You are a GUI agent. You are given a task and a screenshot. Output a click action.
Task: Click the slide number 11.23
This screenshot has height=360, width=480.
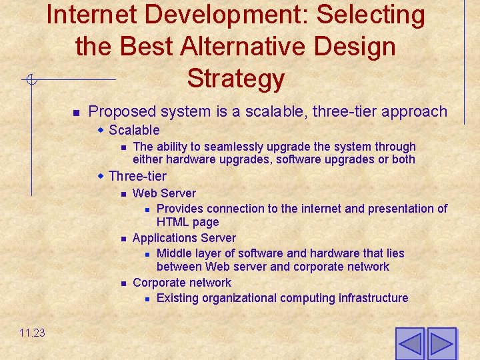[32, 333]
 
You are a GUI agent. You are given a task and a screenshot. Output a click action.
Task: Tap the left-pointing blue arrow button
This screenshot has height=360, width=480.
[409, 344]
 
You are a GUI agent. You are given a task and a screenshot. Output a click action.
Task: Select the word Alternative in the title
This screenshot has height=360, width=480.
[253, 47]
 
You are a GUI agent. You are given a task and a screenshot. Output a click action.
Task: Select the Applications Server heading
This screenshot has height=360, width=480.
[184, 238]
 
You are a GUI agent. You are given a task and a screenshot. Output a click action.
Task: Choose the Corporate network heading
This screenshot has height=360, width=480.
[182, 283]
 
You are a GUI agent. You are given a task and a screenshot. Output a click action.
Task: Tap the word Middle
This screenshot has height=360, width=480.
[174, 253]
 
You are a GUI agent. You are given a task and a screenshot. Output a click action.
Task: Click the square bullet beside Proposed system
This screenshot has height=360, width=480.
[76, 111]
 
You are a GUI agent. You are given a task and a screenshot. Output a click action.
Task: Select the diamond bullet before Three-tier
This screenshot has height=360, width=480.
[101, 176]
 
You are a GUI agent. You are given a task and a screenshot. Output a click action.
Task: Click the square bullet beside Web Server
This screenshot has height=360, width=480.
[123, 194]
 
